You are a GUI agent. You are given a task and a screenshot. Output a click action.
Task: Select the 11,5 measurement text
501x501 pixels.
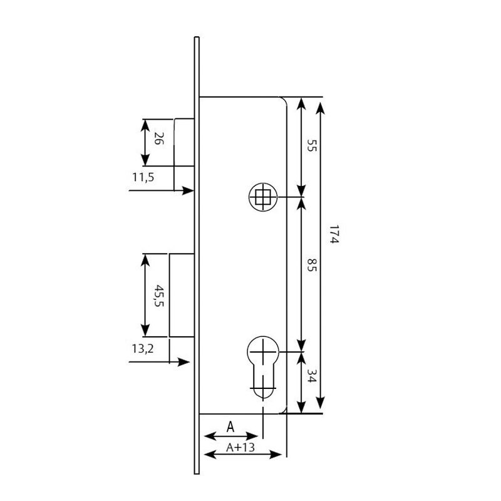[x=143, y=177]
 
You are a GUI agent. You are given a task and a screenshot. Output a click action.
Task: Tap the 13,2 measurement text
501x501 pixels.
[x=143, y=349]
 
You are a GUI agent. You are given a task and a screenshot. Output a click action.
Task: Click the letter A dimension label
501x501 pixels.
[x=230, y=427]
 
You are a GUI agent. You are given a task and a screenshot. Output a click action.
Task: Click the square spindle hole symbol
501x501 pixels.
[x=263, y=197]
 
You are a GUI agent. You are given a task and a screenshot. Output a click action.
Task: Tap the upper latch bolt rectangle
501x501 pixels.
[x=183, y=142]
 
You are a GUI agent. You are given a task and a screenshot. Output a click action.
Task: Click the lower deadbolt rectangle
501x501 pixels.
[x=181, y=295]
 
